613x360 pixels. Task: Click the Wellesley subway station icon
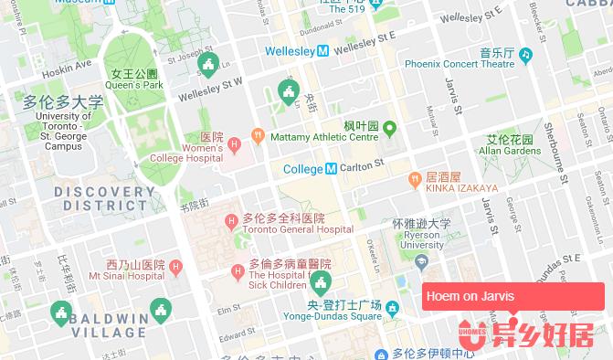pyautogui.click(x=323, y=51)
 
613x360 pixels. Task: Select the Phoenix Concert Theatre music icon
pyautogui.click(x=525, y=55)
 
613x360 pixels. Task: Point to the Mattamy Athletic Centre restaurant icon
pyautogui.click(x=259, y=135)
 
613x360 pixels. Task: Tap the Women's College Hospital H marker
pyautogui.click(x=236, y=144)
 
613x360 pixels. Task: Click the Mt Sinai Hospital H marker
pyautogui.click(x=175, y=268)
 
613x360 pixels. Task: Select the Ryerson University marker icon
pyautogui.click(x=421, y=262)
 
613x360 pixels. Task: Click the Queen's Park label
pyautogui.click(x=134, y=79)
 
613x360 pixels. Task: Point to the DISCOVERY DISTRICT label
pyautogui.click(x=104, y=198)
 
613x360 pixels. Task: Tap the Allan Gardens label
pyautogui.click(x=509, y=145)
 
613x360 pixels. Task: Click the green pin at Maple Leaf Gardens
pyautogui.click(x=389, y=127)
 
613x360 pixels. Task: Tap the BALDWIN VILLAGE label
pyautogui.click(x=109, y=325)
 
